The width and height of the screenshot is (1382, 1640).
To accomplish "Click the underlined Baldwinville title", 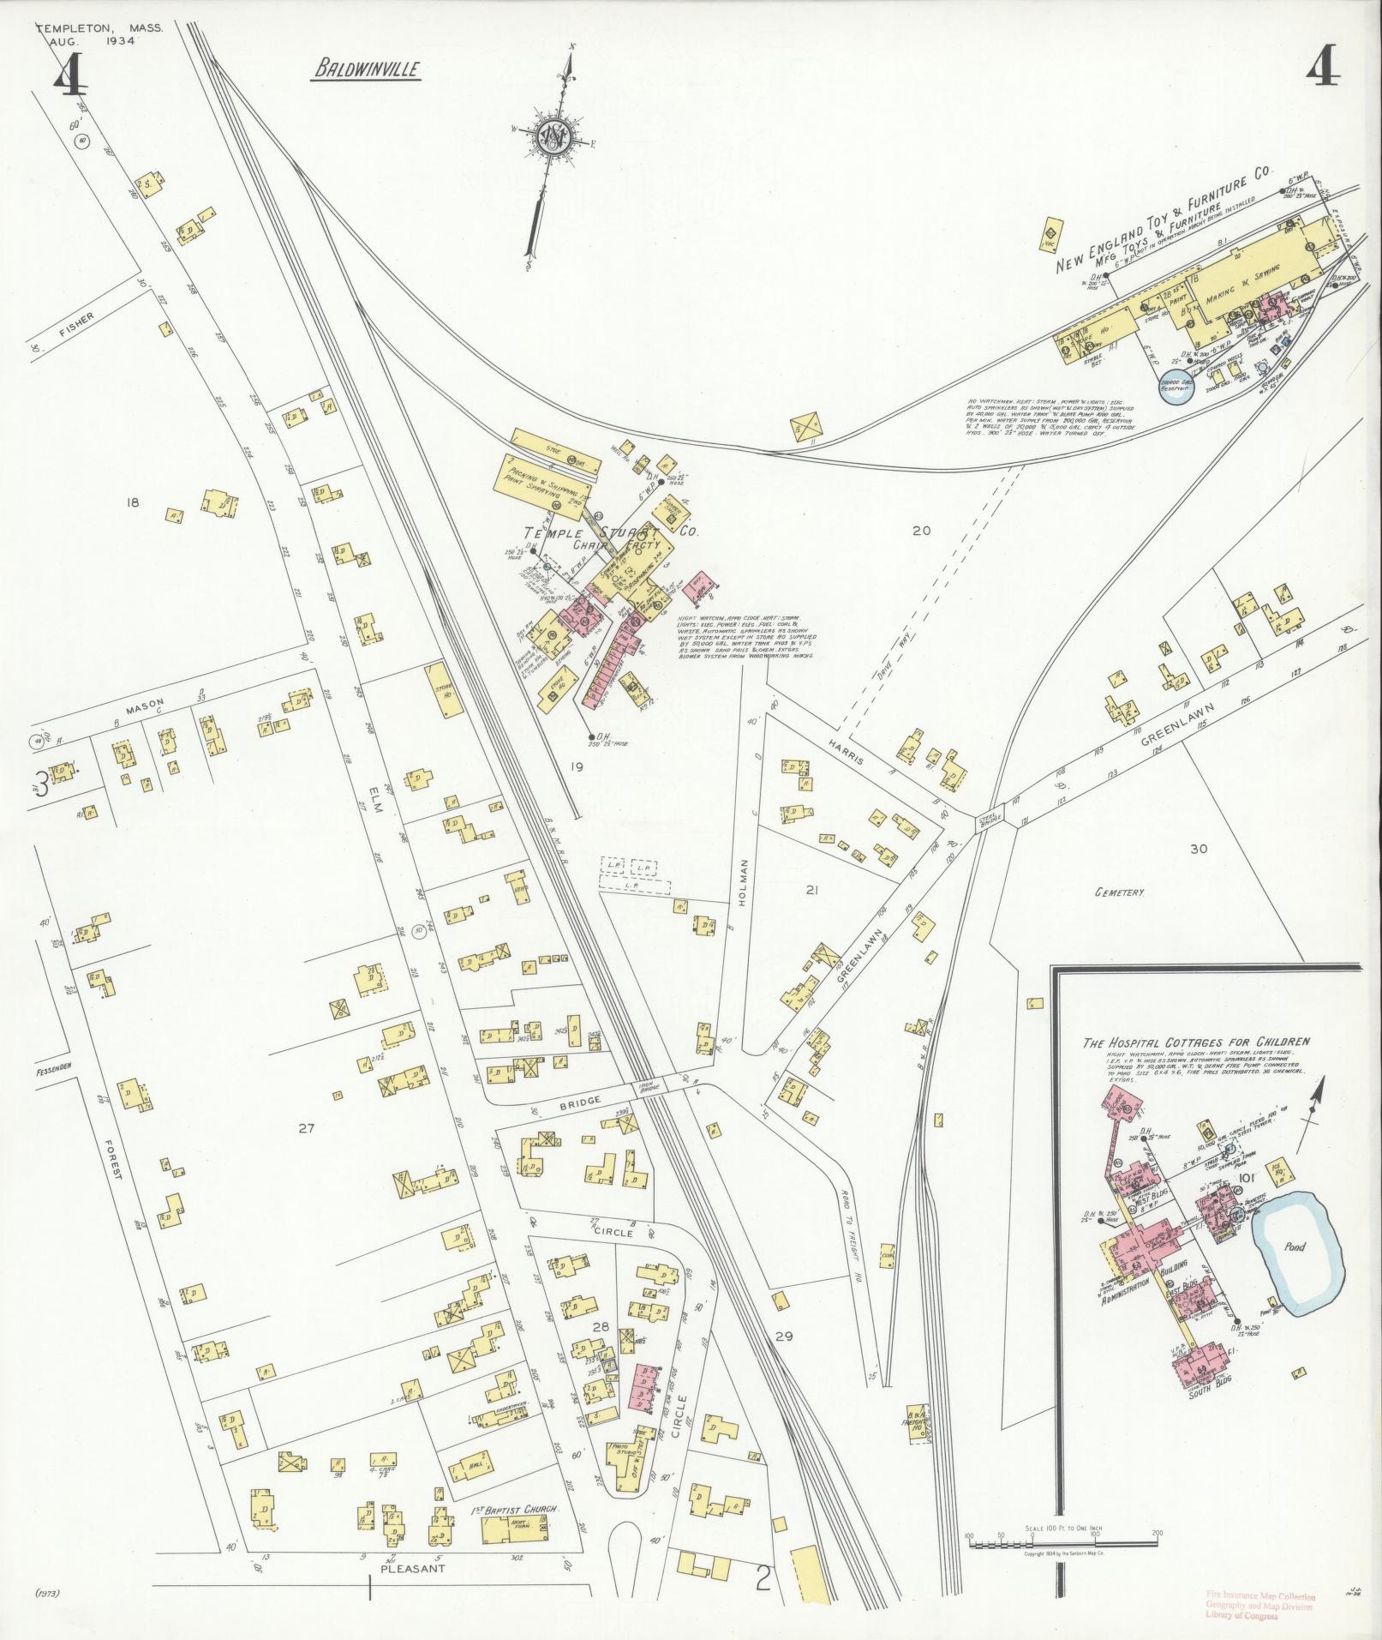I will coord(366,69).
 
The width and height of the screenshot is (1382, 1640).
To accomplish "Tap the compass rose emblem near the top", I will coord(553,136).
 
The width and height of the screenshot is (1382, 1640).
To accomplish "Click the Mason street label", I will coord(144,705).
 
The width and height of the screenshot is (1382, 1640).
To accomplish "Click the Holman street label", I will coord(743,883).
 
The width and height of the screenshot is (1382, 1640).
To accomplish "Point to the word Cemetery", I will coord(1119,892).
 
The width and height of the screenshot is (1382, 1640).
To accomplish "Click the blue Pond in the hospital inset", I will coord(1295,1247).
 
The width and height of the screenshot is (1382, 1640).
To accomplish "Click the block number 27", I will coord(307,1128).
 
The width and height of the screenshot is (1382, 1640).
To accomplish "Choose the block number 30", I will coord(1198,849).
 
